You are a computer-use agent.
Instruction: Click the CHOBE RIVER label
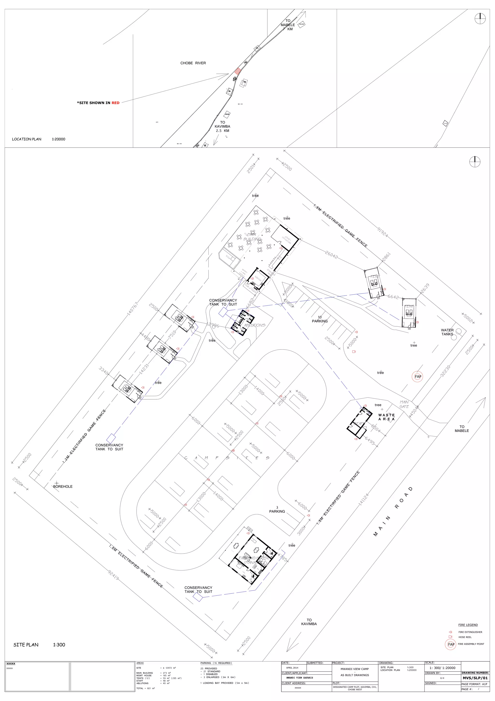[x=193, y=63]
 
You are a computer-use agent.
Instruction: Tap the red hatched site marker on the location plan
[x=238, y=72]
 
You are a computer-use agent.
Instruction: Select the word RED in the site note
[x=116, y=103]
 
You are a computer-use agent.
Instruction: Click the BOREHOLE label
[x=63, y=486]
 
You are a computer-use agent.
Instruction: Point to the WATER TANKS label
[x=447, y=332]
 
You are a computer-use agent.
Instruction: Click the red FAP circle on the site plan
[x=418, y=377]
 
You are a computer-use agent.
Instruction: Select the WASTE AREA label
[x=386, y=417]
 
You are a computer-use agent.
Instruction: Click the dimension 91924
[x=383, y=232]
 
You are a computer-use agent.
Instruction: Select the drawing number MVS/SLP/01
[x=475, y=678]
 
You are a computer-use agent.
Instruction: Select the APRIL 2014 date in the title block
[x=292, y=668]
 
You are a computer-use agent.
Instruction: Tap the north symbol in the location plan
[x=480, y=19]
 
